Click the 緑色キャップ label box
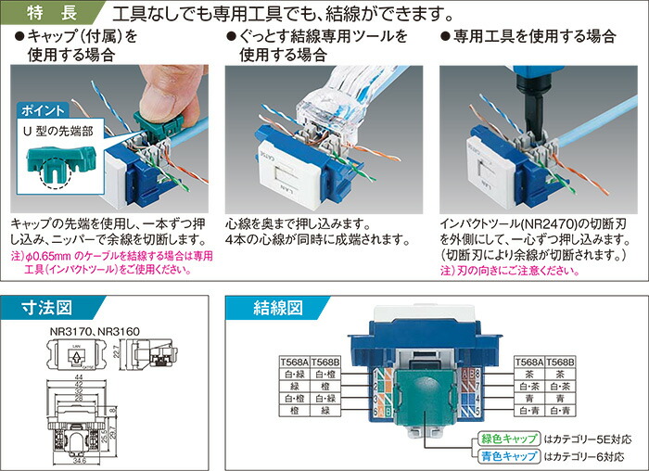[x=506, y=439]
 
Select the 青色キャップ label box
[x=506, y=456]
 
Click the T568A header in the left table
[x=295, y=363]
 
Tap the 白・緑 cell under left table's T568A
[x=295, y=375]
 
